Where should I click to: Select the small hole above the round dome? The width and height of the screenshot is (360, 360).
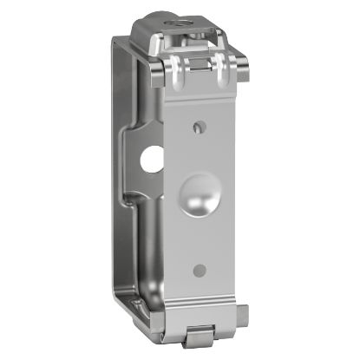pos(198,128)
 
